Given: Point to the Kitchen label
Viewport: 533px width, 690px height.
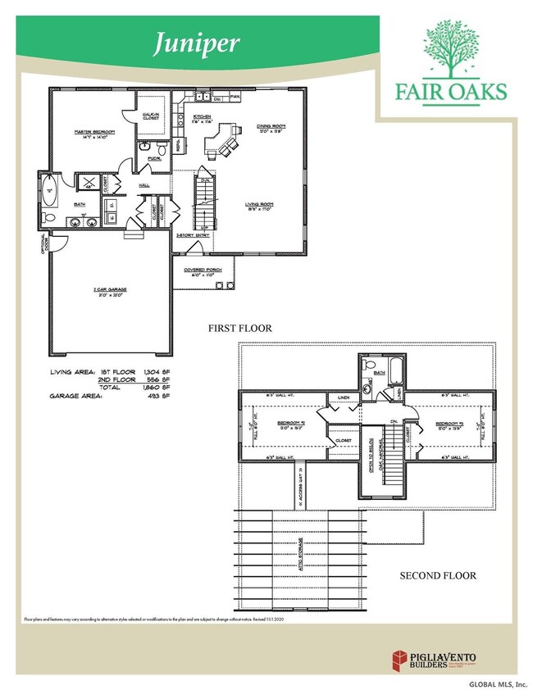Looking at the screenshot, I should [x=203, y=118].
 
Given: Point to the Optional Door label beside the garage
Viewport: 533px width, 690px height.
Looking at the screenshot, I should [x=46, y=244].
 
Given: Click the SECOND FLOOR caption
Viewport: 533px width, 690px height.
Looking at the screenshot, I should [x=437, y=575].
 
